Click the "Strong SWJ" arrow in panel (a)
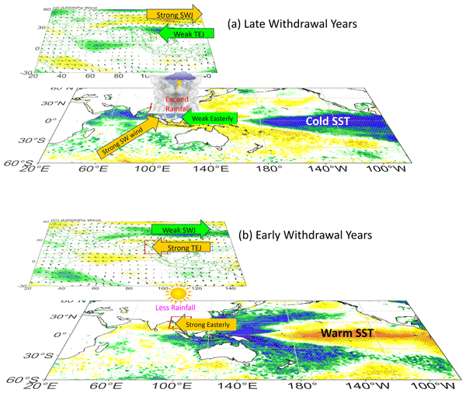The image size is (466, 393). coord(173,13)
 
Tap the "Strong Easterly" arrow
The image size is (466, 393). coord(204,320)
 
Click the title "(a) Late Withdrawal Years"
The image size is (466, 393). coord(290,25)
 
